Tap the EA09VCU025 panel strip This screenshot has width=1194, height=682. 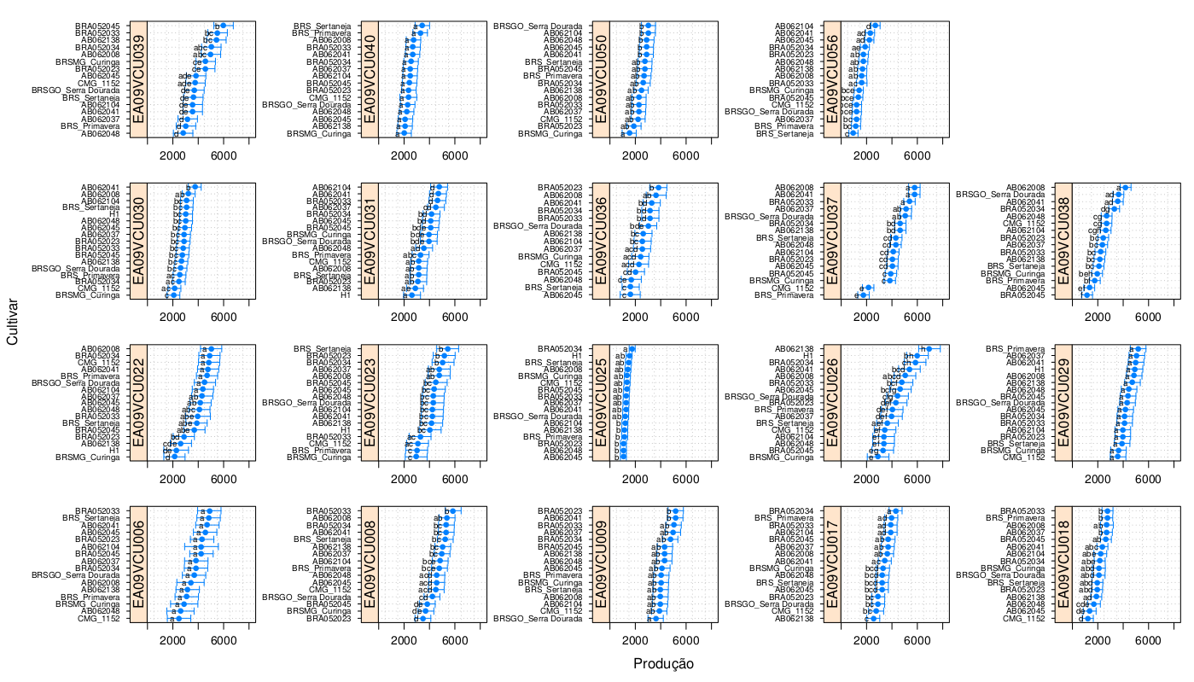(x=601, y=403)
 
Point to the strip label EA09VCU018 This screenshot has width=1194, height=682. (x=1063, y=564)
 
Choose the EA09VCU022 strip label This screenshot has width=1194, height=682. (x=138, y=403)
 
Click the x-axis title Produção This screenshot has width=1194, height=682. (x=663, y=664)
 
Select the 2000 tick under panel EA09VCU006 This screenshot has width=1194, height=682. (x=173, y=639)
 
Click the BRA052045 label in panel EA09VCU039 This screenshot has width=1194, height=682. (x=96, y=26)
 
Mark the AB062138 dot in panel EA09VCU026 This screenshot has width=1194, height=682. (x=929, y=349)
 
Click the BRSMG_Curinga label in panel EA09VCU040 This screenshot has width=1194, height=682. (x=320, y=134)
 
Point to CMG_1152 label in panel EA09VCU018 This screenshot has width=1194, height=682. (x=1025, y=618)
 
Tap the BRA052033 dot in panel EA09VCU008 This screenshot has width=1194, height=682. (x=453, y=510)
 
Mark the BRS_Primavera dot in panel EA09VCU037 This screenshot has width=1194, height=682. (x=862, y=295)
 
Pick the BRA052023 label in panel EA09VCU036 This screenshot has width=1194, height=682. (x=558, y=188)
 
